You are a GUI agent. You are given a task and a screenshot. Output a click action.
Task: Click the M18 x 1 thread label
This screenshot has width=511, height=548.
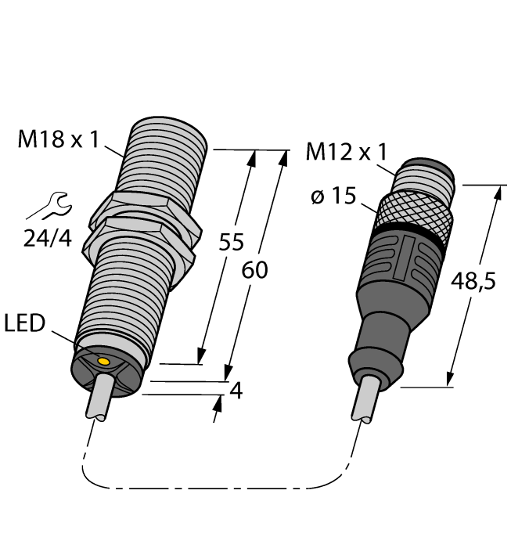click(x=59, y=140)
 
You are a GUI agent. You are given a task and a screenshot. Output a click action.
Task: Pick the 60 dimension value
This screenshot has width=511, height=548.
click(x=252, y=270)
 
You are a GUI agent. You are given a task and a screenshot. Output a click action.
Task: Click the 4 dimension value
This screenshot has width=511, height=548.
click(x=236, y=390)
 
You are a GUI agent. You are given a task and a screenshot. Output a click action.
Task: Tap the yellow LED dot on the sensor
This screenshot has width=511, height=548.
click(x=103, y=359)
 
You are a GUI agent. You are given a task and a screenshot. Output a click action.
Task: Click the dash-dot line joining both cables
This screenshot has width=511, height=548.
click(x=219, y=490)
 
